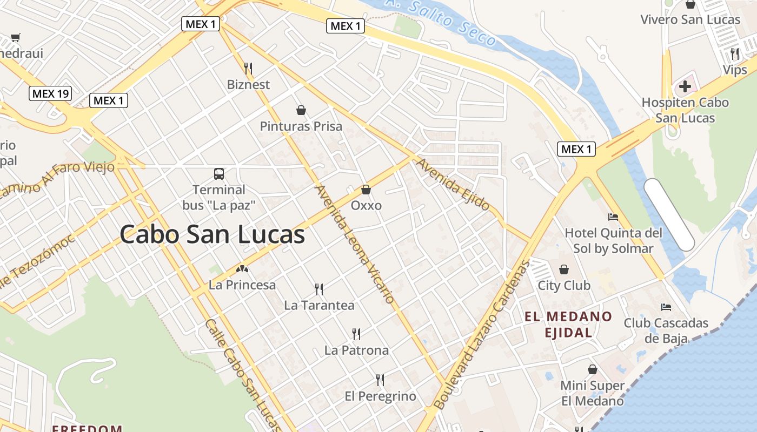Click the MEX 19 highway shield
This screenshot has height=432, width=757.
[50, 93]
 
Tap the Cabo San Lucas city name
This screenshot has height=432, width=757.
[212, 235]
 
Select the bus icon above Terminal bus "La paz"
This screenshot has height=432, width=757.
[219, 174]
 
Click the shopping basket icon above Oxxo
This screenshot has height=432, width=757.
[366, 190]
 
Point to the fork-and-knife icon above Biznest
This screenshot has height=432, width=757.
[248, 68]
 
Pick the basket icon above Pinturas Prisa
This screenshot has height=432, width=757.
[301, 110]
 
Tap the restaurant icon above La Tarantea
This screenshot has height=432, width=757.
[319, 289]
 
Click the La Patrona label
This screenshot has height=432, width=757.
[356, 350]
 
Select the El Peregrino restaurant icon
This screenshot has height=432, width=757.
[380, 380]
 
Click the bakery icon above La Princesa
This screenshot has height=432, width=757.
[242, 268]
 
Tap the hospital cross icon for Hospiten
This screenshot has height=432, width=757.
[685, 86]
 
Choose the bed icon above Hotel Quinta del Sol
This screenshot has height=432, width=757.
[613, 217]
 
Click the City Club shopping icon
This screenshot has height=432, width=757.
[564, 269]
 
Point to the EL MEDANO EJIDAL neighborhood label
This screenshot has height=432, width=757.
[568, 325]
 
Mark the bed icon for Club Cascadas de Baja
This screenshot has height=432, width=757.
[666, 307]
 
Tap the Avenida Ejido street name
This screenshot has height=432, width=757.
[453, 184]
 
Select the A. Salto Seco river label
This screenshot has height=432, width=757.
[441, 22]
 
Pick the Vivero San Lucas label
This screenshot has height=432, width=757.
[690, 20]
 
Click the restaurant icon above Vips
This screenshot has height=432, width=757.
[734, 54]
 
